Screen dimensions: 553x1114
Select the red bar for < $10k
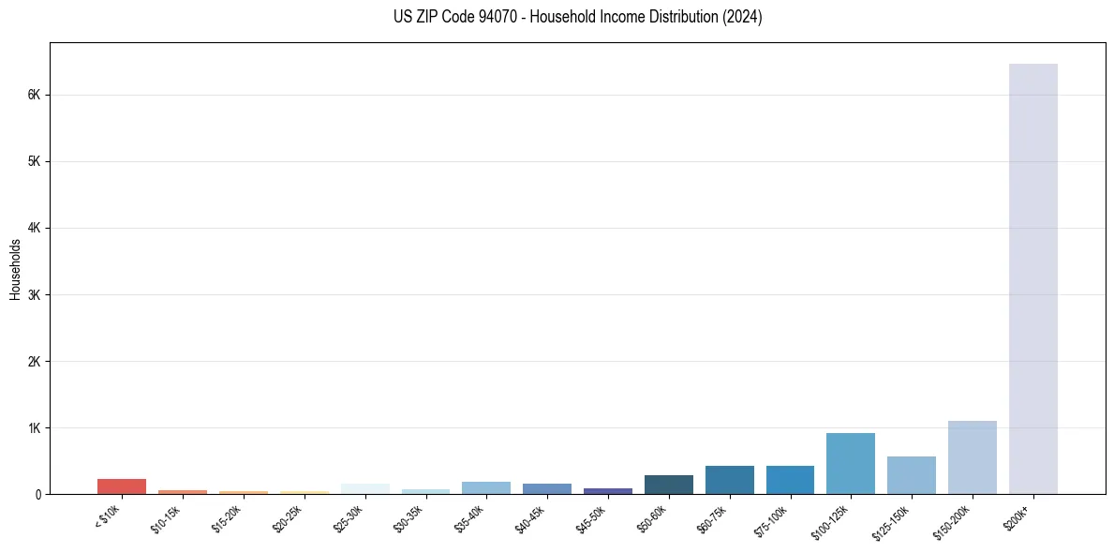122,486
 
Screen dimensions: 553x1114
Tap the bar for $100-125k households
851,463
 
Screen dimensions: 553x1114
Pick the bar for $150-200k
972,457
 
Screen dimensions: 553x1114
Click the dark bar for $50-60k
668,485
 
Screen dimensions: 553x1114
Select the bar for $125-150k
911,475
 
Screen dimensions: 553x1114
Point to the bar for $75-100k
790,480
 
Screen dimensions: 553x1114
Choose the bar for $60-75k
729,480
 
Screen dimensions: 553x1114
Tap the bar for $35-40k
486,487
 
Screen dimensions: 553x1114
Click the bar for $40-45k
547,488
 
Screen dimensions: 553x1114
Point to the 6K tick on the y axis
37,95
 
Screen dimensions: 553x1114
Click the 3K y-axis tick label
37,295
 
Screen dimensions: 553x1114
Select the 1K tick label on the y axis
37,428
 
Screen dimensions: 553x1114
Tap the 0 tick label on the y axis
39,495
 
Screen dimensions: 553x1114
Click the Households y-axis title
15,269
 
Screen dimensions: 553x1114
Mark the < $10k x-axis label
108,516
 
